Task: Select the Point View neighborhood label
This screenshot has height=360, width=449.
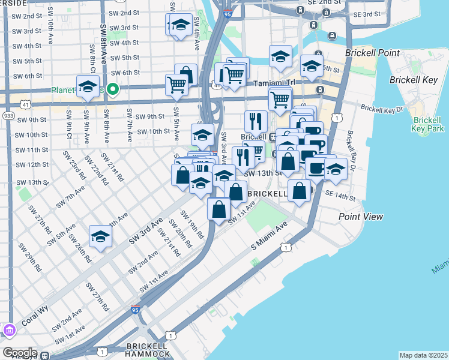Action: [361, 216]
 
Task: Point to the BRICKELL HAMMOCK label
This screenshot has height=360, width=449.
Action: [148, 350]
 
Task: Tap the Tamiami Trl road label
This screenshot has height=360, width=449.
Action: [273, 83]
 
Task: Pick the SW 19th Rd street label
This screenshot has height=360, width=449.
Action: [196, 229]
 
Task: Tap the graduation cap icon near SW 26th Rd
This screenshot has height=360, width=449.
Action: [100, 236]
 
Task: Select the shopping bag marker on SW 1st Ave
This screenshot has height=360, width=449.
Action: [219, 209]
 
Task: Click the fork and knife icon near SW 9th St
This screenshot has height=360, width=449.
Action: [256, 121]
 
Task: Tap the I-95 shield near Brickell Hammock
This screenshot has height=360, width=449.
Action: [136, 310]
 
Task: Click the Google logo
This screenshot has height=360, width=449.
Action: [19, 353]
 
